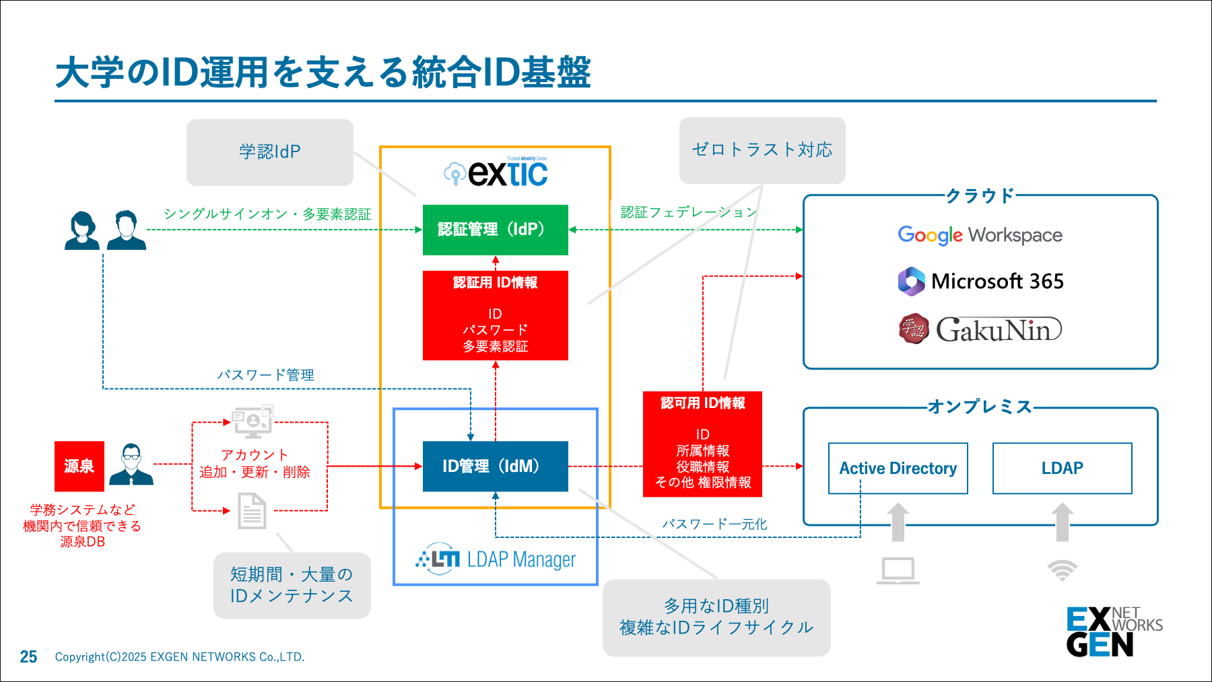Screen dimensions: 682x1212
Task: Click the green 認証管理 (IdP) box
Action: (x=495, y=230)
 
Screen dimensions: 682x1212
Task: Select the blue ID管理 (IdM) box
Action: (x=495, y=466)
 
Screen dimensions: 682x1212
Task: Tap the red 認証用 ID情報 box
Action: (x=495, y=315)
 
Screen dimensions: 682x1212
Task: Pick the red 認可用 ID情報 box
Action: (x=702, y=444)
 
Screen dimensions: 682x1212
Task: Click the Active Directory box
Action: (x=898, y=469)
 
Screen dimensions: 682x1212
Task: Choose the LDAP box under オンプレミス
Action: (x=1062, y=469)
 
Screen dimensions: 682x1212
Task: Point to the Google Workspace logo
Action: (x=980, y=235)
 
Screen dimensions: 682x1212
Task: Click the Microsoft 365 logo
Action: (x=980, y=281)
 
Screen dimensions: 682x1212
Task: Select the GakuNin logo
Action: (x=980, y=329)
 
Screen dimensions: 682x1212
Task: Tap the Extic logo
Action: (x=496, y=173)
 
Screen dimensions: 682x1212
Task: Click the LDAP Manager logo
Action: (x=496, y=559)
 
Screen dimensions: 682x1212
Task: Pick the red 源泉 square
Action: (x=79, y=466)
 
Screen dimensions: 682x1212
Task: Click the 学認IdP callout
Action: (x=269, y=152)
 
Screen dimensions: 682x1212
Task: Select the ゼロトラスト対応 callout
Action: (x=762, y=150)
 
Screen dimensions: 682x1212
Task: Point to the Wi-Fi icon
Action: (x=1062, y=570)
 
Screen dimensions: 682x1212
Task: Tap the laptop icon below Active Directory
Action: (x=898, y=571)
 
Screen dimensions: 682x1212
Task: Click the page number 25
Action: (x=28, y=656)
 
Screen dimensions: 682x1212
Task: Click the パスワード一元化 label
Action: (x=714, y=524)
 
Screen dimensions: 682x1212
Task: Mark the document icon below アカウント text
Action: (x=252, y=511)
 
